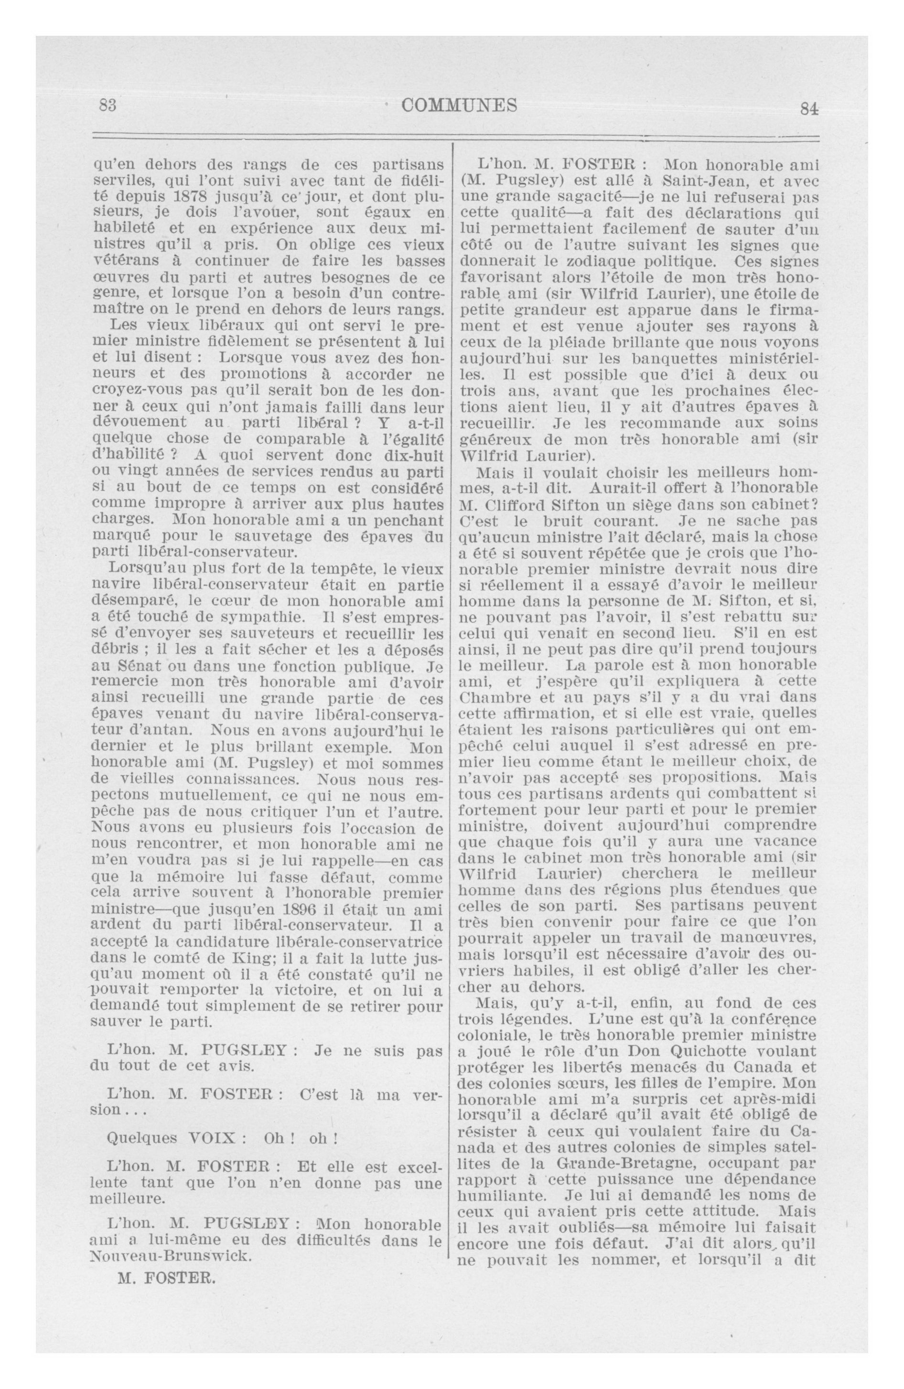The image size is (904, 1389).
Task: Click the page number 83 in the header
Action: pos(108,106)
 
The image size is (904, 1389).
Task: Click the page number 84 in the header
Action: pos(809,109)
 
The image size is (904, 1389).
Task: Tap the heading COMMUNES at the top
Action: pos(460,105)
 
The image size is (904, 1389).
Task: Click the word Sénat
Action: pos(138,666)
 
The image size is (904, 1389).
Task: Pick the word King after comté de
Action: pos(261,958)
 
